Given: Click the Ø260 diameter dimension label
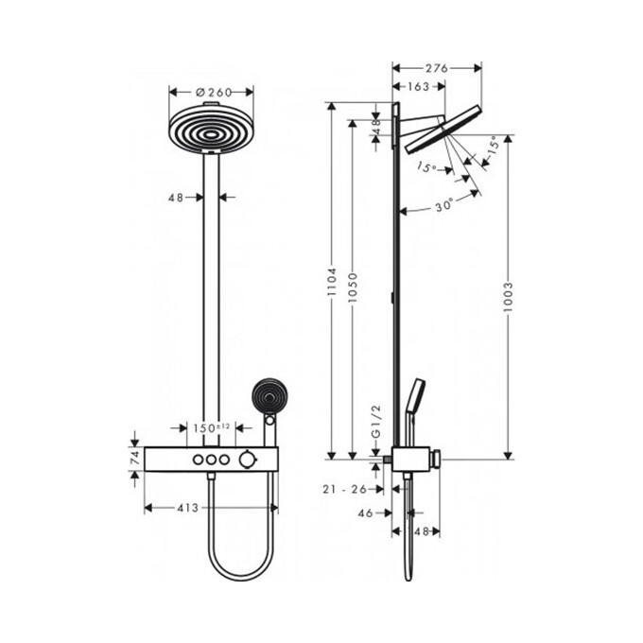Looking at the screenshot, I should (x=212, y=93).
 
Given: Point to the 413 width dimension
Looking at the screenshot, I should (x=186, y=508).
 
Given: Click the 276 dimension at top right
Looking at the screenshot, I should (x=436, y=67).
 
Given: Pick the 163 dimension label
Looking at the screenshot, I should (x=417, y=86).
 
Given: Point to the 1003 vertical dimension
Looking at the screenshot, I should (x=510, y=287).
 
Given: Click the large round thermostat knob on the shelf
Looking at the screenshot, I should (x=247, y=459).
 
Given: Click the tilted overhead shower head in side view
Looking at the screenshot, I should (x=440, y=134).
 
